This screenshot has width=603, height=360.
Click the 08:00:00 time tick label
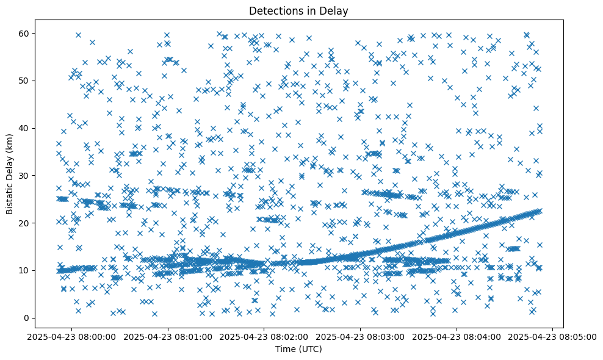click(x=71, y=336)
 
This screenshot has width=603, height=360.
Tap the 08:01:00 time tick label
click(x=168, y=336)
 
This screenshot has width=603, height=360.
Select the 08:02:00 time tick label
click(x=264, y=336)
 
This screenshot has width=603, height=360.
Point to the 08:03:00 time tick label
click(x=361, y=336)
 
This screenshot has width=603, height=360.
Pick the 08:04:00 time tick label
click(x=457, y=336)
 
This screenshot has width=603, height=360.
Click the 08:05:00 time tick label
click(x=554, y=336)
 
